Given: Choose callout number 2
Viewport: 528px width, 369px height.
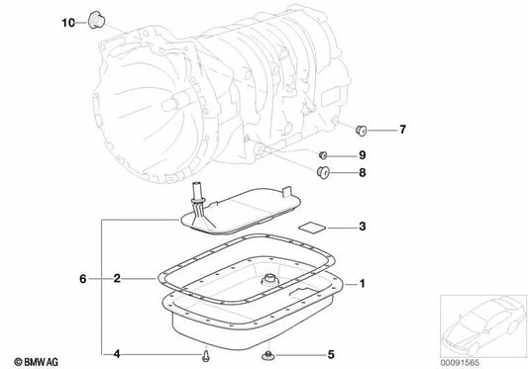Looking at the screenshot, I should (x=118, y=279).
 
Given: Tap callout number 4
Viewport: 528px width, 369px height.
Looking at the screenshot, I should (x=116, y=353).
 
